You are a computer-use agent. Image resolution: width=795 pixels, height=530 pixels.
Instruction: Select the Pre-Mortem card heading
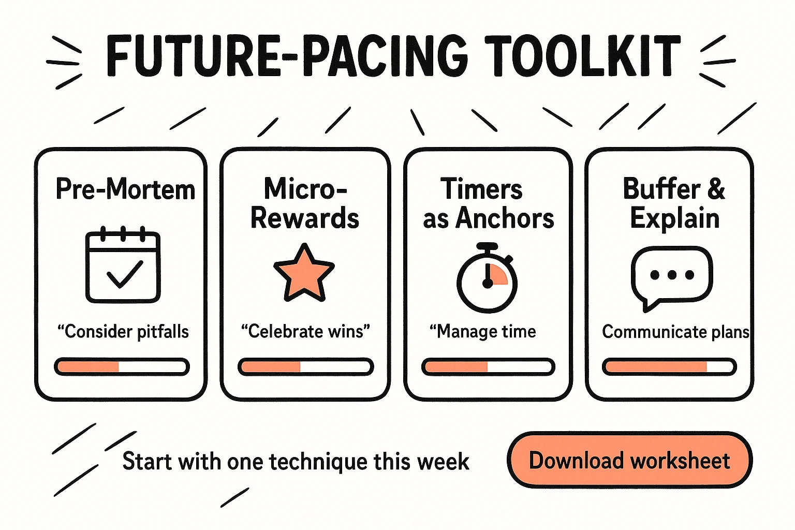point(125,189)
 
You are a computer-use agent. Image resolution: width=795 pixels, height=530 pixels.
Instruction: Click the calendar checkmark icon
point(123,267)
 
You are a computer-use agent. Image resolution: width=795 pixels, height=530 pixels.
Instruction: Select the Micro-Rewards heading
point(305,203)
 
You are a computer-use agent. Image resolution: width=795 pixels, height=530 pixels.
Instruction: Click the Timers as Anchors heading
point(488,203)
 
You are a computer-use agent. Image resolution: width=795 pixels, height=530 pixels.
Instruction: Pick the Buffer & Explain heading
point(674,203)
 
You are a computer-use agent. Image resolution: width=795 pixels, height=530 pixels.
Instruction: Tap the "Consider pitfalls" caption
point(123,331)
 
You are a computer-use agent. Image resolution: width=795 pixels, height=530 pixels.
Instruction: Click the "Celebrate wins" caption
point(306,331)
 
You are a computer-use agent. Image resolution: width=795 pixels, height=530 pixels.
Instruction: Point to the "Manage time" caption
point(483,331)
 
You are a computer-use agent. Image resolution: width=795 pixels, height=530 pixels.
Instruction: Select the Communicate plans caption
point(675,331)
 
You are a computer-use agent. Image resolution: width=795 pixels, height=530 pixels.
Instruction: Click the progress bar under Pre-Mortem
point(122,367)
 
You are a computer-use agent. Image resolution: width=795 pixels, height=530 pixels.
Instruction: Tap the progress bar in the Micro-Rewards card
point(305,367)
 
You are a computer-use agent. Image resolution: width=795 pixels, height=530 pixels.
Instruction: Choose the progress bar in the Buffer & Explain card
point(669,367)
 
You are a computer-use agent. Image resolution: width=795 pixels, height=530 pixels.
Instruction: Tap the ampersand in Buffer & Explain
point(716,189)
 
